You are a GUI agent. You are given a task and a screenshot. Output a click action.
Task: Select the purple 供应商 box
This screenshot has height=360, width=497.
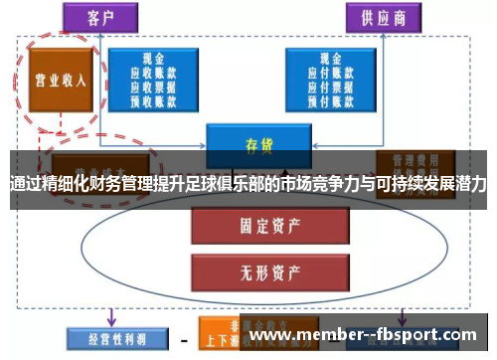[x=383, y=18]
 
